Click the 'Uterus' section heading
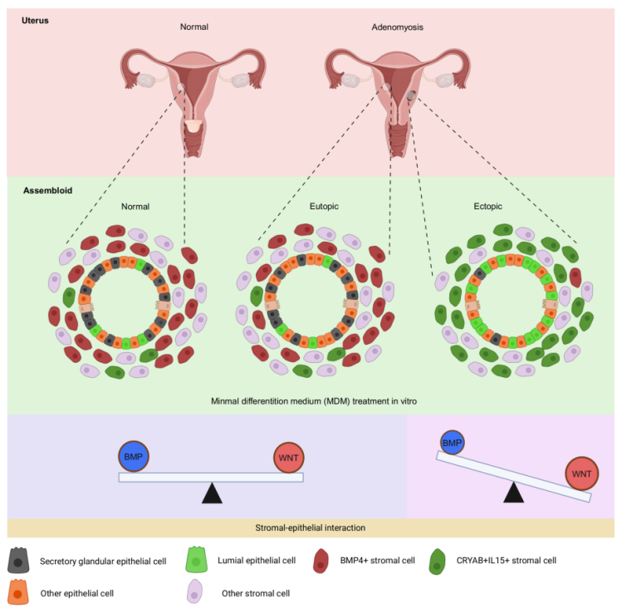coord(35,20)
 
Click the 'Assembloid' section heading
coord(47,190)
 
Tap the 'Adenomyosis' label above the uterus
coord(397,27)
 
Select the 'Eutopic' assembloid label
coord(324,206)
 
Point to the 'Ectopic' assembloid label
coord(487,206)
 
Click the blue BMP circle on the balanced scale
coord(134,456)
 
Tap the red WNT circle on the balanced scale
coord(289,458)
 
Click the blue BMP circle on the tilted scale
coord(453,442)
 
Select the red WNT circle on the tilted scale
coord(581,473)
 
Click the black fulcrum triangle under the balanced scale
coord(212,494)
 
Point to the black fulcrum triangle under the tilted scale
coord(514,493)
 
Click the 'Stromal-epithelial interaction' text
coord(311,527)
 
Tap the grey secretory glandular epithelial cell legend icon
coord(18,561)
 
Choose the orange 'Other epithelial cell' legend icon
coord(17,592)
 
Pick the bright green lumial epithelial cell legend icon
coord(196,560)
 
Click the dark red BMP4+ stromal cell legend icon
coord(321,561)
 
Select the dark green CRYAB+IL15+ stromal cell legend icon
coord(437,561)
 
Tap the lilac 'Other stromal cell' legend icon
coord(195,591)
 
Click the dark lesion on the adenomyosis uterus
coord(411,95)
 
